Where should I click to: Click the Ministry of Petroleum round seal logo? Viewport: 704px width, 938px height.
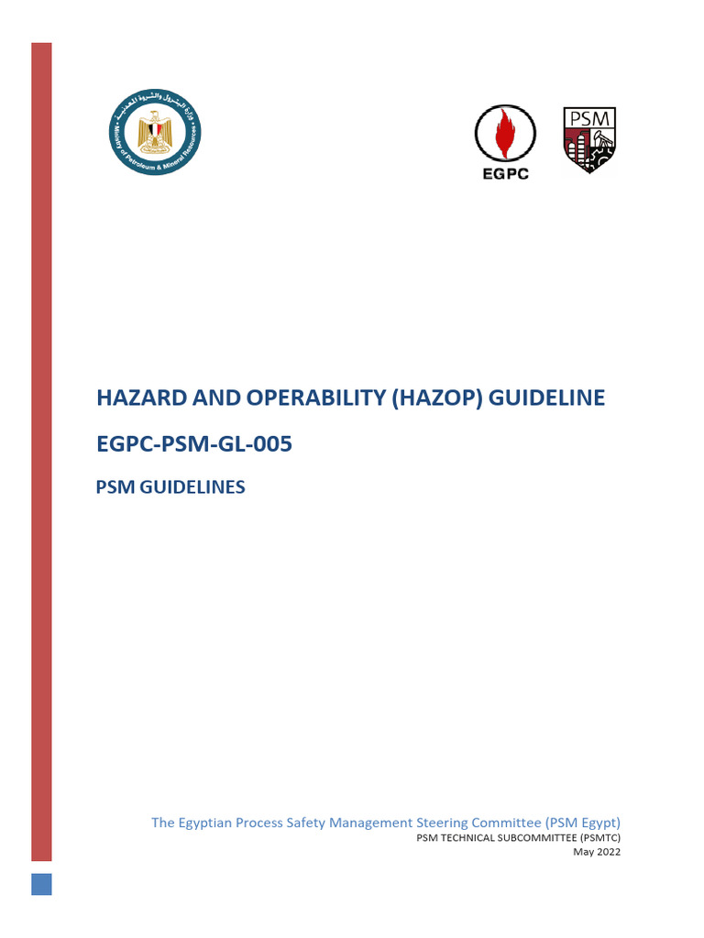157,136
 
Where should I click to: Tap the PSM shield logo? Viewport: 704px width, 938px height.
588,140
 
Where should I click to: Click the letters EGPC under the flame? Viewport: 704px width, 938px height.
505,174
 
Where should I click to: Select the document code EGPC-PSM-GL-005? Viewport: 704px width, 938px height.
194,444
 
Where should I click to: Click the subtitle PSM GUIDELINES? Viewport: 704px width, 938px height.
170,487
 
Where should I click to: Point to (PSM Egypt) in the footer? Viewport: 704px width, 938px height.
585,822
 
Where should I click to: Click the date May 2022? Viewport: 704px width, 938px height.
597,852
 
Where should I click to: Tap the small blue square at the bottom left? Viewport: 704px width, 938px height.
42,884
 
